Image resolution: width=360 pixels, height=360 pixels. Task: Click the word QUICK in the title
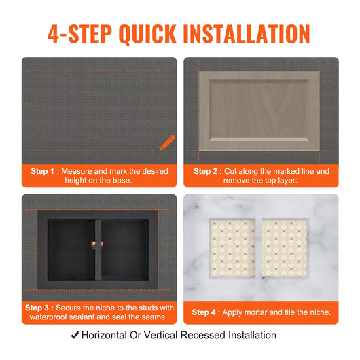coord(147,33)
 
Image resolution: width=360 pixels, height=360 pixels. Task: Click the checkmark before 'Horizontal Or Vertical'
coord(75,335)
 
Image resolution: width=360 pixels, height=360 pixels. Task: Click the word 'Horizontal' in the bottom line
coord(105,335)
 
